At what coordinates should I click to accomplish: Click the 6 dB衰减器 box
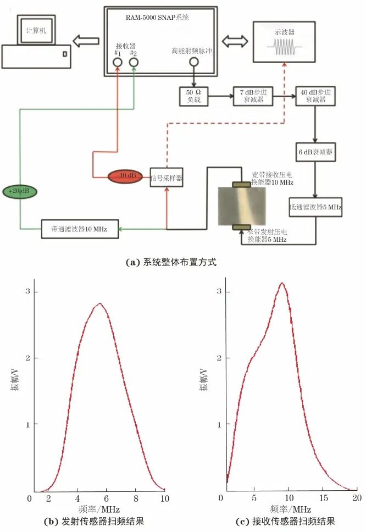[x=314, y=152]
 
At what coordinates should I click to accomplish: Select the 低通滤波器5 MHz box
[x=315, y=207]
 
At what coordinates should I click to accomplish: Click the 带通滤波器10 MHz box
[x=80, y=229]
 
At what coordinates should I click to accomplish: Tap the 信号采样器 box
[x=166, y=178]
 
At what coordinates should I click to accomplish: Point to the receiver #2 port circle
[x=134, y=62]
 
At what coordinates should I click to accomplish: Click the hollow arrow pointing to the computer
[x=86, y=41]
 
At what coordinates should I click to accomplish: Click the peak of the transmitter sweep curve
[x=99, y=303]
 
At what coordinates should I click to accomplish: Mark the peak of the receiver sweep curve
[x=282, y=284]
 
